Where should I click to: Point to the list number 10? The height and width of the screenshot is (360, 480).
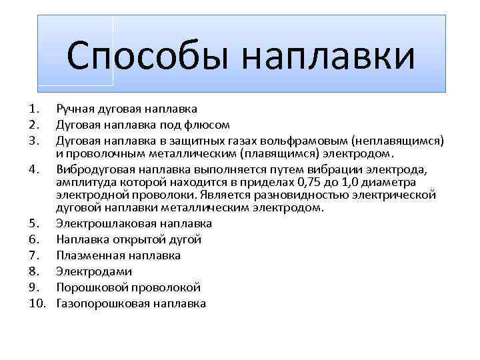[37, 304]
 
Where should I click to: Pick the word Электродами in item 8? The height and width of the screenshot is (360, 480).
[85, 271]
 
